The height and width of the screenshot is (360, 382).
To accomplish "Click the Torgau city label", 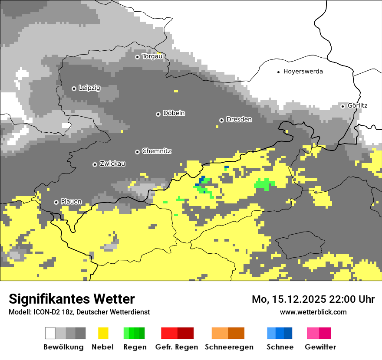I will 152,56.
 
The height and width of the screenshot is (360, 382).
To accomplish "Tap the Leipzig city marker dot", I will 74,88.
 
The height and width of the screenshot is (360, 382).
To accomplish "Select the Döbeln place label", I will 174,114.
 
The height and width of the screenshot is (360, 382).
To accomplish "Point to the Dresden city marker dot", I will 221,120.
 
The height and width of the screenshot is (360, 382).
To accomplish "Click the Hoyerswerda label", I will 303,72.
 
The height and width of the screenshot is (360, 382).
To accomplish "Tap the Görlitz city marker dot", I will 342,106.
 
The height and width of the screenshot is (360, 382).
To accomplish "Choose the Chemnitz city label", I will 156,151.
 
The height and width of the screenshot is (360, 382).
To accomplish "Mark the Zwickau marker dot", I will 95,164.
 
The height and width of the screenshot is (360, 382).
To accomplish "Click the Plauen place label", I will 71,202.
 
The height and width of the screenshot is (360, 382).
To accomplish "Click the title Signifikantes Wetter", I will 72,299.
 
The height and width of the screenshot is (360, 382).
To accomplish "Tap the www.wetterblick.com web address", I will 313,312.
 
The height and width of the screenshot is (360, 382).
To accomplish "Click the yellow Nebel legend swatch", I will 103,333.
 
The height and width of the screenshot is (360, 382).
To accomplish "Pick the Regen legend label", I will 134,347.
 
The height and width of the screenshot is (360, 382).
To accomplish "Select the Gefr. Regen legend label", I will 177,347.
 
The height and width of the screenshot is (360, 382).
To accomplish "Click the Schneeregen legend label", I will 229,347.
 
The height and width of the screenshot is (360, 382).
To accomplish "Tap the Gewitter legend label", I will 320,347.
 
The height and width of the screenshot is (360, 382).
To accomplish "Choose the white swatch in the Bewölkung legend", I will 50,333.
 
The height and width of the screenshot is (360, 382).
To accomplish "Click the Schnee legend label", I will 280,347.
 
